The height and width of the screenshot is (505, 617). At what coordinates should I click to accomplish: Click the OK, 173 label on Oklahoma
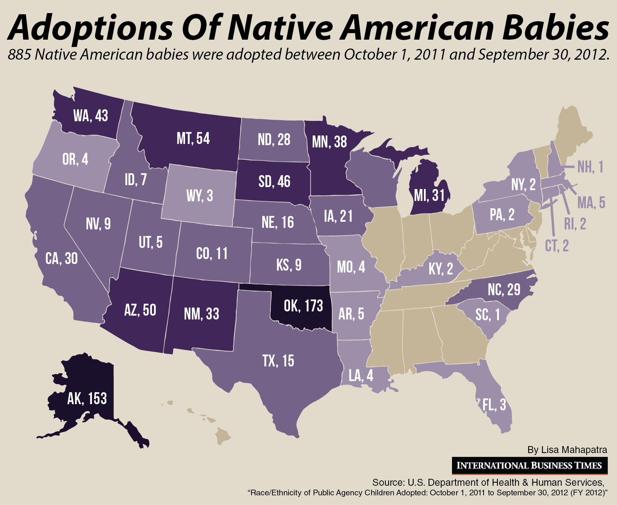(303, 306)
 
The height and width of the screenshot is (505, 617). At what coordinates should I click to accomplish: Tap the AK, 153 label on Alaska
(87, 398)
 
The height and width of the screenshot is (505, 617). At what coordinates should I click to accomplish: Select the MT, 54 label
(193, 139)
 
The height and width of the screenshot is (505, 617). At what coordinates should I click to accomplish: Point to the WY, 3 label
(199, 196)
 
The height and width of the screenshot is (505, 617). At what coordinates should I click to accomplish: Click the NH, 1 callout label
(590, 167)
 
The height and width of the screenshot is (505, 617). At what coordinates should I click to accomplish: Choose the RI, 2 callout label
(575, 224)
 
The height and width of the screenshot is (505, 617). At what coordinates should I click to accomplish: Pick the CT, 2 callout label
(557, 246)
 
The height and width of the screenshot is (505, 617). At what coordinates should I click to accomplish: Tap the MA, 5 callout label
(591, 202)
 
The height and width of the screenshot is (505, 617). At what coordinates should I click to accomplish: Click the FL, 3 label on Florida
(494, 405)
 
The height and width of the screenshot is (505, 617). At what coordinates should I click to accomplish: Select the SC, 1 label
(487, 315)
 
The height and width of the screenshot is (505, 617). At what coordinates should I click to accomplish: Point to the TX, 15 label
(278, 361)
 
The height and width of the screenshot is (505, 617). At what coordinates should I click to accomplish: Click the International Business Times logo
(529, 465)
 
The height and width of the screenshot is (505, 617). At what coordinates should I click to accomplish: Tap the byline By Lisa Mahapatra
(567, 450)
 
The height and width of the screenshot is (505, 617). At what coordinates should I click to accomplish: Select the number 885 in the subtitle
(19, 55)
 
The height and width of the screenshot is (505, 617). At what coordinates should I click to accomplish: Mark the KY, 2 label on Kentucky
(440, 269)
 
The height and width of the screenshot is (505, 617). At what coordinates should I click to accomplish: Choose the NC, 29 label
(504, 289)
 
